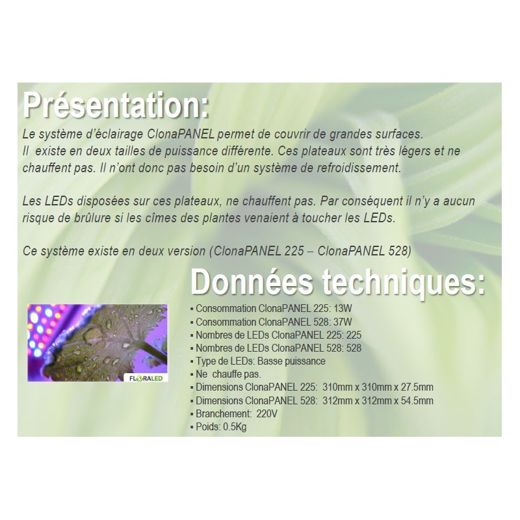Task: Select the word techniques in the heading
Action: click(403, 284)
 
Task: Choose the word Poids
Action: click(207, 427)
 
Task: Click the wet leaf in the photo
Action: click(97, 341)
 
